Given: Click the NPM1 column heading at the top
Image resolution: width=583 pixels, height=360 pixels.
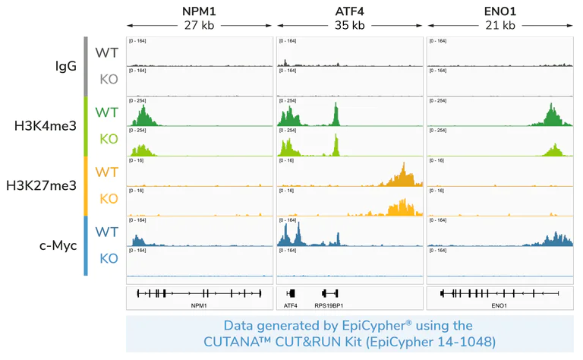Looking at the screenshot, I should (199, 11).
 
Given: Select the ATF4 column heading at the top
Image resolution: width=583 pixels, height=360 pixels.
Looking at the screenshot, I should (349, 11).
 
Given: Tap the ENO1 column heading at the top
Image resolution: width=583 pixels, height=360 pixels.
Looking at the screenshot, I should (499, 11).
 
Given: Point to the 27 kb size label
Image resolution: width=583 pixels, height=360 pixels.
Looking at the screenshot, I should (199, 25).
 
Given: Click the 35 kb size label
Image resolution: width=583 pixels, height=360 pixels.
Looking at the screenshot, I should (349, 25).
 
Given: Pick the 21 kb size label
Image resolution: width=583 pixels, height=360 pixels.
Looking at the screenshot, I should (499, 25).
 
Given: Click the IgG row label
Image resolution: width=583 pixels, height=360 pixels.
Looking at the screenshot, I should (66, 66).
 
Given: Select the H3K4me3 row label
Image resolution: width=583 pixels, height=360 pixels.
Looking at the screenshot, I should (46, 126).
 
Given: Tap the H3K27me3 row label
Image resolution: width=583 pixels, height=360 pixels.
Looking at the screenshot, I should (41, 185).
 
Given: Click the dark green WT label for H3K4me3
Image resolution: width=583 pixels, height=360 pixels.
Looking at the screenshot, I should (106, 112).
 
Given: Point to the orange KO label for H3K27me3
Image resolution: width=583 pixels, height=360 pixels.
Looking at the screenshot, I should (109, 199).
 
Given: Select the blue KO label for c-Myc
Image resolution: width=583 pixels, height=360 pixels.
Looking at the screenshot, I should (109, 259).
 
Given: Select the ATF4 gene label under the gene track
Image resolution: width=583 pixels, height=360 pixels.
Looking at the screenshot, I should (291, 305).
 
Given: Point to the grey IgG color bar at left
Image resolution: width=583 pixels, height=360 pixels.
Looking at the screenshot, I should (86, 66).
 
